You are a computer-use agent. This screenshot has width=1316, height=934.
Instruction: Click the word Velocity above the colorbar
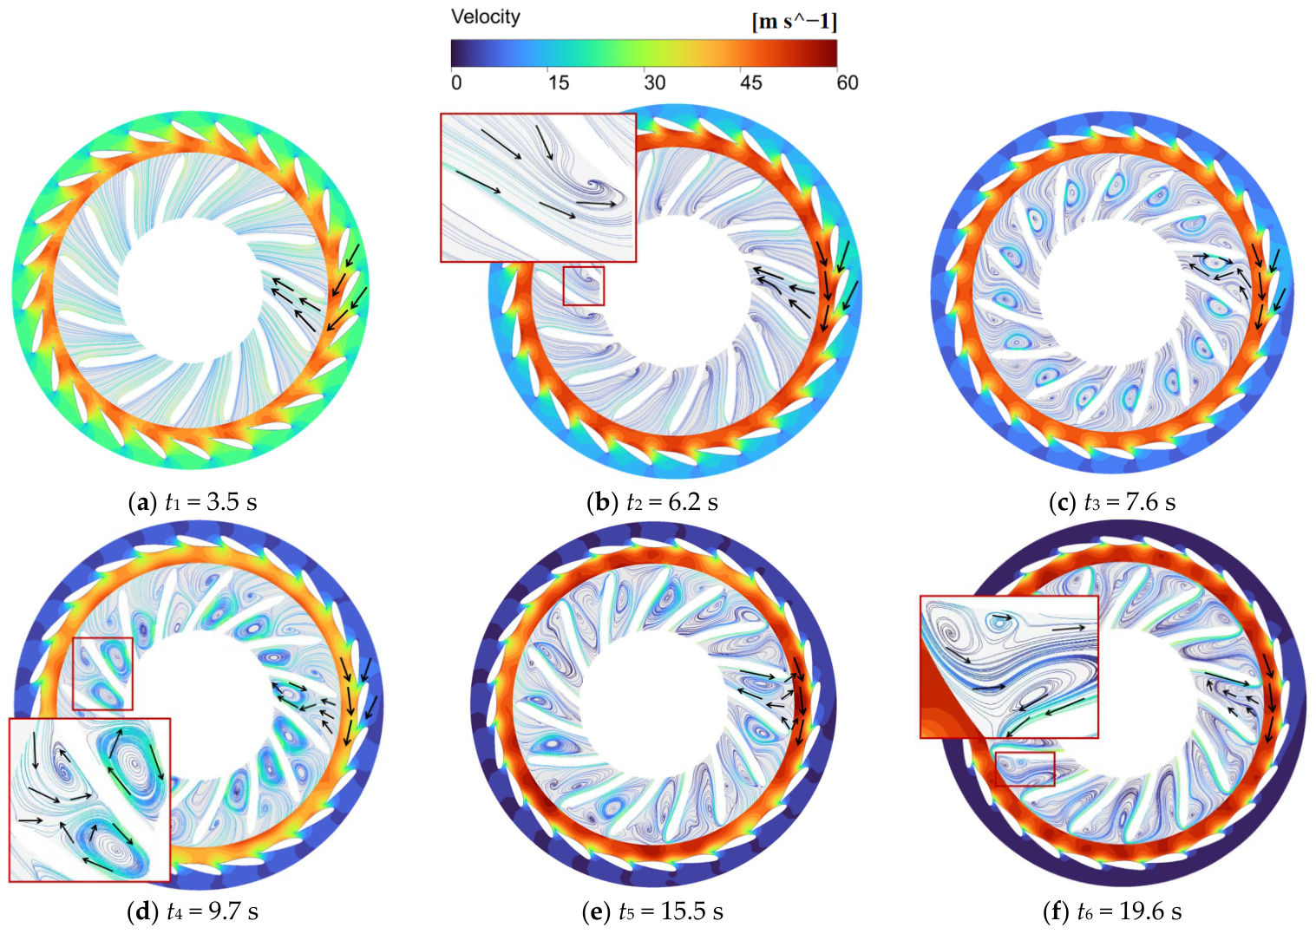(x=485, y=17)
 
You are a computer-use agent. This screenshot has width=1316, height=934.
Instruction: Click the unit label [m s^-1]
(x=795, y=22)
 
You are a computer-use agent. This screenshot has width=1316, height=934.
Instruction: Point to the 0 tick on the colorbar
(x=456, y=83)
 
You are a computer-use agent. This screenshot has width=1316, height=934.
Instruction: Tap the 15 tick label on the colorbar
(x=558, y=83)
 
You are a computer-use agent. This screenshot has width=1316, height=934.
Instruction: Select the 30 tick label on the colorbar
(x=654, y=83)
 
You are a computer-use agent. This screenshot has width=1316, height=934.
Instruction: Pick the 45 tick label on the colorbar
(x=751, y=83)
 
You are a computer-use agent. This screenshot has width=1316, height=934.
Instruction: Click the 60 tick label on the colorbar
(x=848, y=83)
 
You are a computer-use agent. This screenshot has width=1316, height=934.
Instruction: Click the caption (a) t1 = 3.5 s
(x=193, y=503)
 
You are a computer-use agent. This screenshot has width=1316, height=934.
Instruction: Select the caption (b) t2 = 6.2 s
(x=652, y=503)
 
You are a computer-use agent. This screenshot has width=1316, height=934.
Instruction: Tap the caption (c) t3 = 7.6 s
(x=1112, y=503)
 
